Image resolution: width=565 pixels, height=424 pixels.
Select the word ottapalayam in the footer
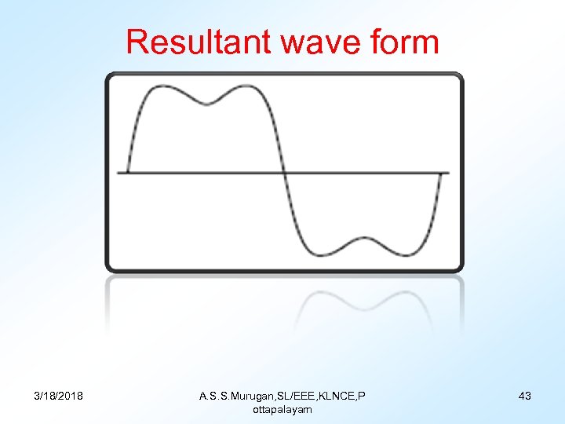[x=282, y=409]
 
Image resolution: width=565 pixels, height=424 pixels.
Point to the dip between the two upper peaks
[x=207, y=104]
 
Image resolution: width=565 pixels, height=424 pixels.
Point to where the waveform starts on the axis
[x=128, y=172]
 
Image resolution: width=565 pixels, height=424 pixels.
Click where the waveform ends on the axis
[x=440, y=173]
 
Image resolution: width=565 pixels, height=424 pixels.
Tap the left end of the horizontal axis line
[x=118, y=172]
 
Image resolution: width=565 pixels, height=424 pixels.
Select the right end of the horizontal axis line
[x=449, y=173]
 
